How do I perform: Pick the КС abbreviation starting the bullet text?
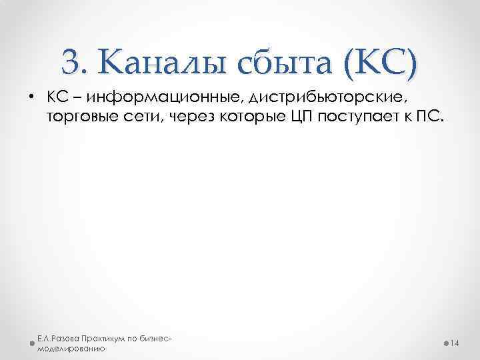pos(55,98)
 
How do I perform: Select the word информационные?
pos(163,98)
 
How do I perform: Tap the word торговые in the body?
pos(77,118)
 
